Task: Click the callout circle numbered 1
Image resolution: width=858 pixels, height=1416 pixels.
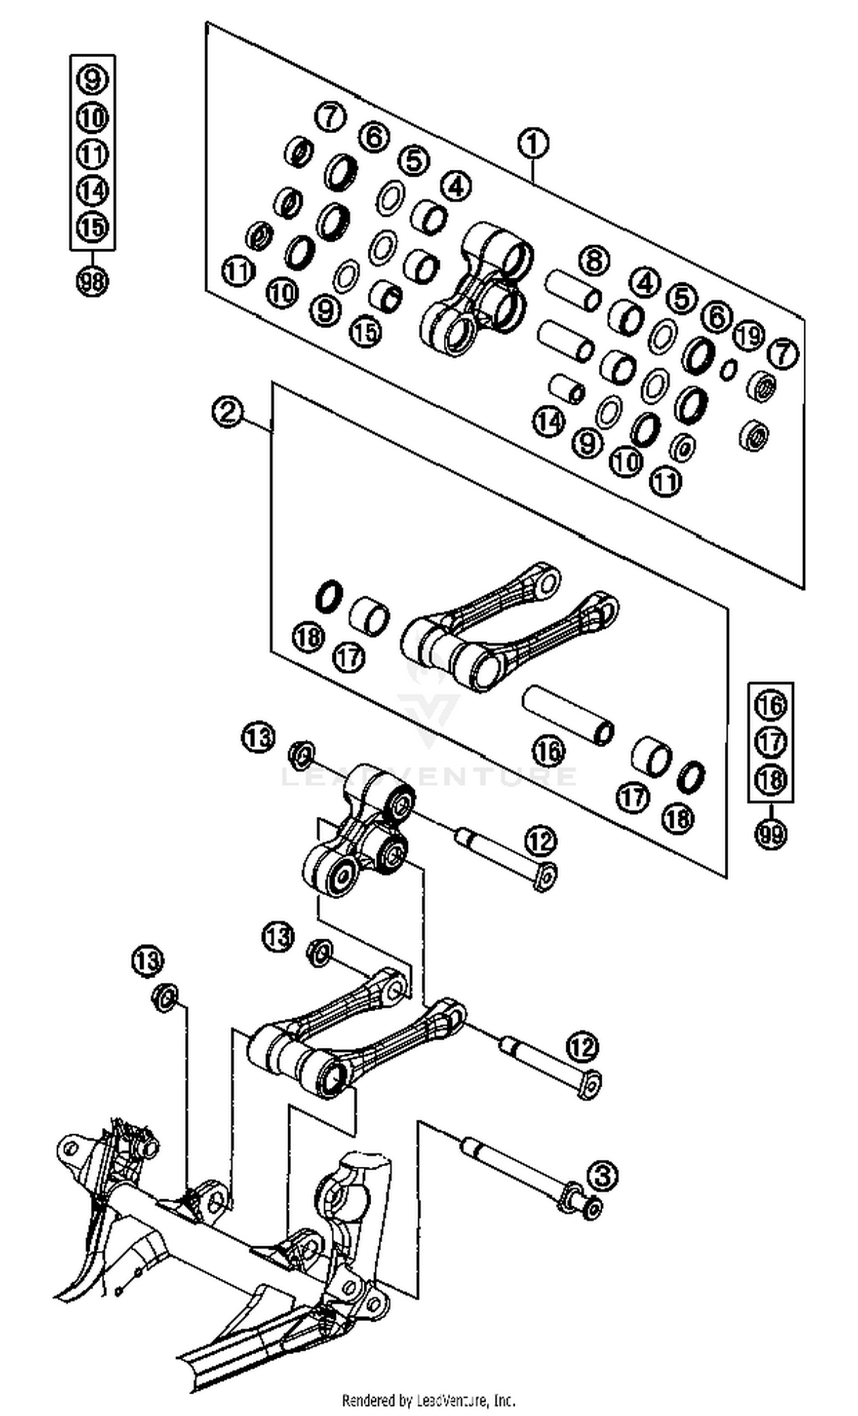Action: (x=533, y=143)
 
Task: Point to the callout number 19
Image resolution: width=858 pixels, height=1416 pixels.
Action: (x=749, y=336)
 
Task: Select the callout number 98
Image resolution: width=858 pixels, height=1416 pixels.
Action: (x=92, y=282)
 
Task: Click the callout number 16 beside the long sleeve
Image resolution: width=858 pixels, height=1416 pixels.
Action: (x=549, y=750)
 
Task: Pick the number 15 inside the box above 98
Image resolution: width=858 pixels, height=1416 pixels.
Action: (x=92, y=226)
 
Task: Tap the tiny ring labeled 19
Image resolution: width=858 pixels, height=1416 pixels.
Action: (x=728, y=369)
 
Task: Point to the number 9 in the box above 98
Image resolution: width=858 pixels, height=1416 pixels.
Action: (x=92, y=79)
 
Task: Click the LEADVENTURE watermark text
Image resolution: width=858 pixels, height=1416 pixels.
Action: (x=428, y=776)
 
